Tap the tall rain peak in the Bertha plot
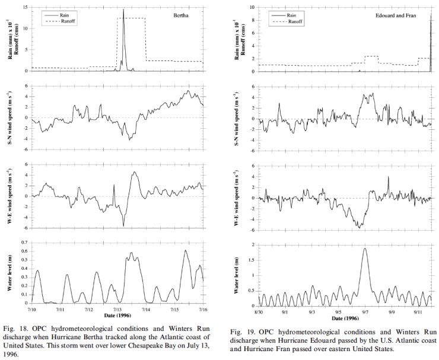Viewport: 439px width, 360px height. pyautogui.click(x=123, y=10)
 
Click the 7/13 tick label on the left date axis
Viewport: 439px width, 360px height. pyautogui.click(x=117, y=309)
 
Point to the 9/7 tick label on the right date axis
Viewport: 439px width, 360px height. pyautogui.click(x=364, y=311)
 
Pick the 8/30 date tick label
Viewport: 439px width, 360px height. pyautogui.click(x=258, y=311)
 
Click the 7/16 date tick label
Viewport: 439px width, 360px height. pyautogui.click(x=203, y=309)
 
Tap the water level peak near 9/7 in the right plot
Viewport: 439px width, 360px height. pyautogui.click(x=364, y=249)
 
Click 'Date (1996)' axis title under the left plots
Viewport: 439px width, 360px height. pyautogui.click(x=117, y=315)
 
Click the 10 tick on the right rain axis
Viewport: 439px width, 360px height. pyautogui.click(x=251, y=8)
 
